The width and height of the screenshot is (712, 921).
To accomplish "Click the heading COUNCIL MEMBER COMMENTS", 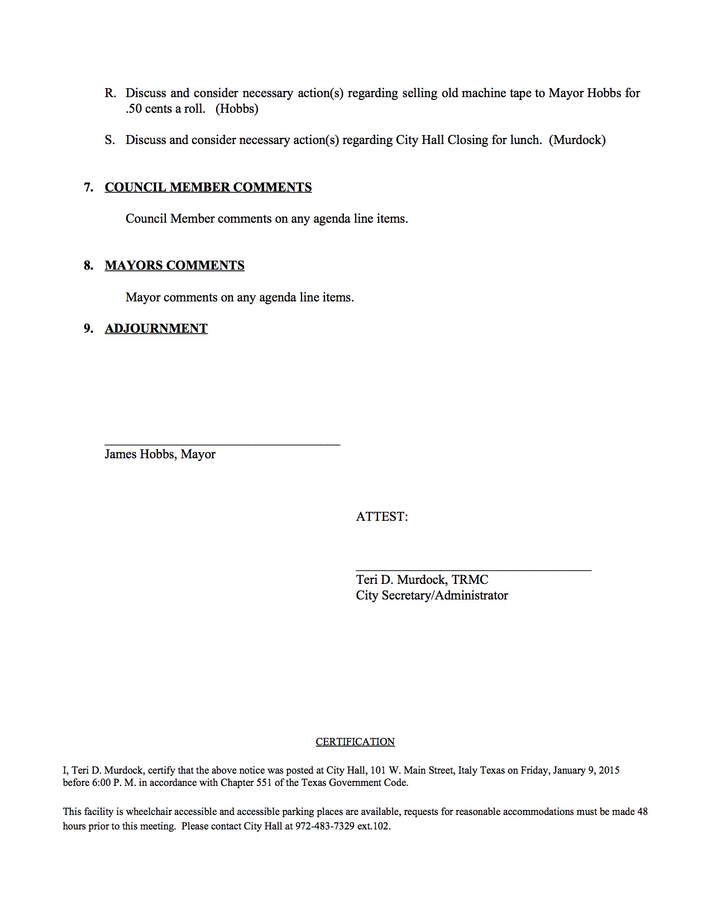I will pyautogui.click(x=208, y=187).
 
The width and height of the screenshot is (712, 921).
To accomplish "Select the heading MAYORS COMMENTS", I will pyautogui.click(x=174, y=265).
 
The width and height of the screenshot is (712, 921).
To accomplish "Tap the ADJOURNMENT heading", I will pyautogui.click(x=156, y=328).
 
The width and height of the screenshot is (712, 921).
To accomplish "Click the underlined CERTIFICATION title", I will pyautogui.click(x=355, y=742).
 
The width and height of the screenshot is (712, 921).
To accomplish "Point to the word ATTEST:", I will pyautogui.click(x=382, y=517).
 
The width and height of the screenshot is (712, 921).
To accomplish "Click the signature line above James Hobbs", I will pyautogui.click(x=222, y=444).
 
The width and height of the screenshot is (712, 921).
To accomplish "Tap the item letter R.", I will pyautogui.click(x=109, y=93).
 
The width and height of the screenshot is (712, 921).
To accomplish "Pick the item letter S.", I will pyautogui.click(x=109, y=140).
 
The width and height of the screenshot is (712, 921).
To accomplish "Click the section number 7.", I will pyautogui.click(x=88, y=187).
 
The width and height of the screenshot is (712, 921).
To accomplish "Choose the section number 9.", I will pyautogui.click(x=88, y=328).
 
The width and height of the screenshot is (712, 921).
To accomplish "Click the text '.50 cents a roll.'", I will pyautogui.click(x=165, y=109).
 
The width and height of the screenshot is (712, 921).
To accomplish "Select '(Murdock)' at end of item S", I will pyautogui.click(x=577, y=140).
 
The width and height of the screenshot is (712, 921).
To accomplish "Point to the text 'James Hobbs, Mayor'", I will pyautogui.click(x=160, y=454).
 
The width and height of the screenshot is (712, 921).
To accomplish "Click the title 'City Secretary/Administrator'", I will pyautogui.click(x=432, y=596).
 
